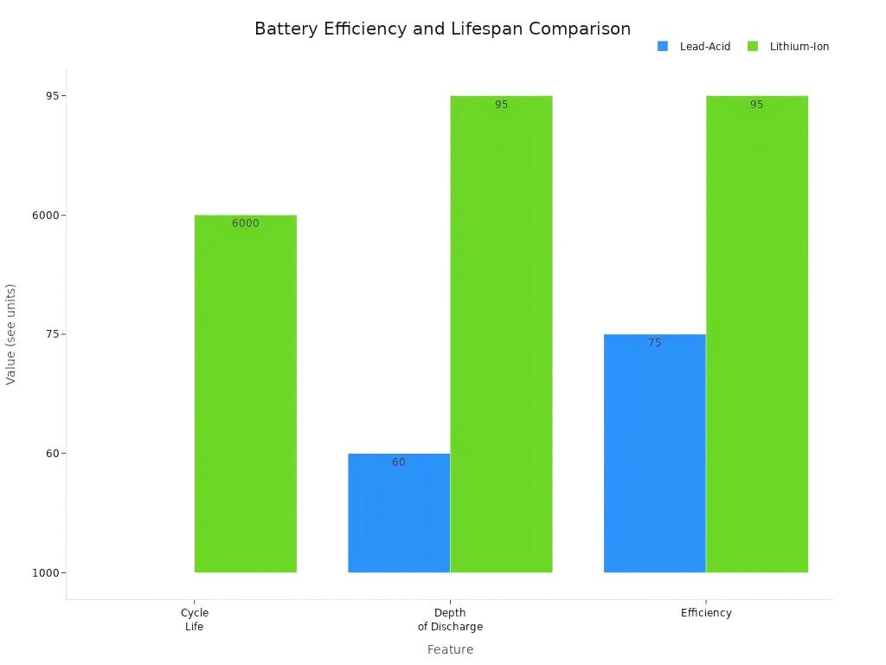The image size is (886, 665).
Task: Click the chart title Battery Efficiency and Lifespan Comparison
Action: click(x=442, y=29)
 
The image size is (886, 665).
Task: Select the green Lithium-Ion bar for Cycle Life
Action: click(x=246, y=394)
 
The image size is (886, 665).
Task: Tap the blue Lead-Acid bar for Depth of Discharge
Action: click(x=399, y=513)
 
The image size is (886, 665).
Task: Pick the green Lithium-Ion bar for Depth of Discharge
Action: click(x=501, y=334)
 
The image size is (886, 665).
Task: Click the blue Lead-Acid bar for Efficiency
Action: click(x=654, y=453)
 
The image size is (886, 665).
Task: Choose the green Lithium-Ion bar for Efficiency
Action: click(x=757, y=334)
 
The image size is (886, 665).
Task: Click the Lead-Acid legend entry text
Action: click(x=705, y=47)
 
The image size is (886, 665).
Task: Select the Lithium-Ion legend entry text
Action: click(x=799, y=47)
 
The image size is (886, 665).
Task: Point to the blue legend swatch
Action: click(x=663, y=47)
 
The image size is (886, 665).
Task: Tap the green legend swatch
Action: click(x=753, y=47)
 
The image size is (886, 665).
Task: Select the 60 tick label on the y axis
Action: click(x=52, y=453)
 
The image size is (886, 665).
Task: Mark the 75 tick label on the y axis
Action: click(x=52, y=334)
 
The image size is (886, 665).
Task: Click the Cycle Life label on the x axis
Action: click(x=195, y=619)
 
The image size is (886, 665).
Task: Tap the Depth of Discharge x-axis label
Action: click(x=450, y=619)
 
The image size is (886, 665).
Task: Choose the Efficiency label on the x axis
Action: click(x=706, y=613)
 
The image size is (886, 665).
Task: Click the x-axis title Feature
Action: click(x=450, y=649)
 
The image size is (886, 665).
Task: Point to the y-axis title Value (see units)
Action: click(x=11, y=334)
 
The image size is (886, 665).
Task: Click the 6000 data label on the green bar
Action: click(x=245, y=223)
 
